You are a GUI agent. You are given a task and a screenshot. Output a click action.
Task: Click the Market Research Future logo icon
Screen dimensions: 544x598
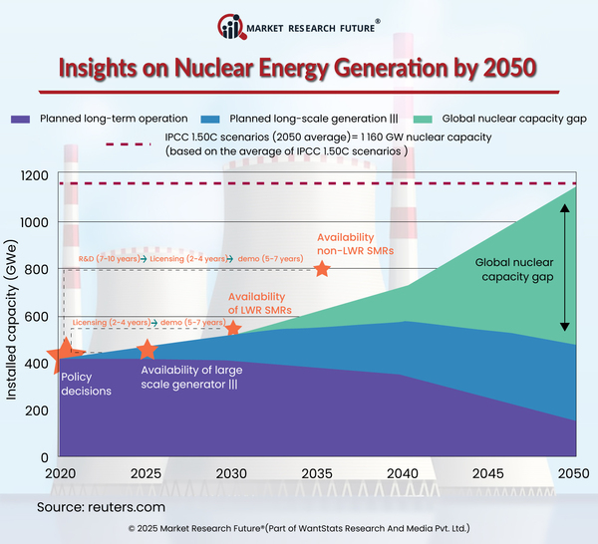point(232,27)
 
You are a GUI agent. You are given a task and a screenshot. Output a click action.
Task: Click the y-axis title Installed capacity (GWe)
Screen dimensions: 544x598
point(13,316)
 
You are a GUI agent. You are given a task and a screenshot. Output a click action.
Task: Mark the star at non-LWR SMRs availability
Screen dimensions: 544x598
point(321,268)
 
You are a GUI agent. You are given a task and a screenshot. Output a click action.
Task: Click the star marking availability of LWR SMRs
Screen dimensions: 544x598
point(233,328)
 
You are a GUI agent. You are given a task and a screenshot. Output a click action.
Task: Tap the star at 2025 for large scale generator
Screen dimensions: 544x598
point(147,350)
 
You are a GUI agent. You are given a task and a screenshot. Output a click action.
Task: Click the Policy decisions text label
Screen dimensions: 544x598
point(86,384)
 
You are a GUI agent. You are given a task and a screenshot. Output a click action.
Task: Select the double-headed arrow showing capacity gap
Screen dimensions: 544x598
point(565,268)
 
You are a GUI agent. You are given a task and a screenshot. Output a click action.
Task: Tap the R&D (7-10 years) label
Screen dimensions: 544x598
point(108,259)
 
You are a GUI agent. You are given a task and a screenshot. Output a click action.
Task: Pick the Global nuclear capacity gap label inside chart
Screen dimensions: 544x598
point(513,269)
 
